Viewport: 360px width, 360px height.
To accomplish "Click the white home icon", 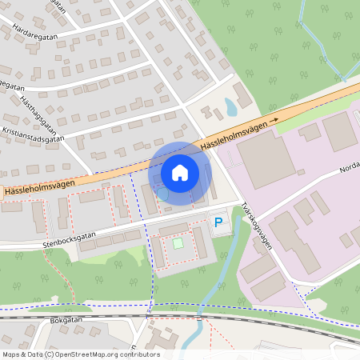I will [x=180, y=173].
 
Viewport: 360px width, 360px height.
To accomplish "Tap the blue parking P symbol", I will [x=218, y=222].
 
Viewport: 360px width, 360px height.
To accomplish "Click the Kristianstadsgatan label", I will [x=33, y=138].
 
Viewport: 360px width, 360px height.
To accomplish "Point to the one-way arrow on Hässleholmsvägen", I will [x=274, y=121].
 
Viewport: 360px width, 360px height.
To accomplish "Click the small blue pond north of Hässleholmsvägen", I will [x=230, y=106].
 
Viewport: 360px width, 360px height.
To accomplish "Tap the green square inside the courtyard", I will [x=178, y=242].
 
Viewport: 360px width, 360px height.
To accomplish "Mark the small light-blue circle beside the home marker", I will [x=162, y=194].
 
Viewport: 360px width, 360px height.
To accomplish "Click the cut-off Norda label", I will [x=350, y=167].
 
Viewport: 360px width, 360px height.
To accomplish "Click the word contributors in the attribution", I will [x=138, y=354].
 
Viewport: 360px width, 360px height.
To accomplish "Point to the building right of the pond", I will [x=243, y=97].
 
